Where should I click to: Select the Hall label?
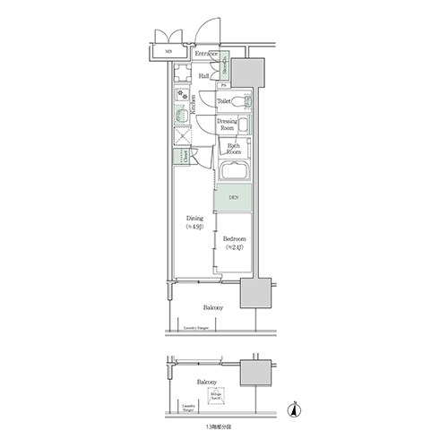pyautogui.click(x=204, y=77)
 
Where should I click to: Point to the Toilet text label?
pyautogui.click(x=224, y=102)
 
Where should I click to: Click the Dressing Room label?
pyautogui.click(x=228, y=125)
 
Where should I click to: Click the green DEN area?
pyautogui.click(x=232, y=197)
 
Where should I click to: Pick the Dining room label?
pyautogui.click(x=194, y=222)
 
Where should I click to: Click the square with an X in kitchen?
pyautogui.click(x=184, y=135)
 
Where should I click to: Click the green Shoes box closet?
pyautogui.click(x=228, y=65)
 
